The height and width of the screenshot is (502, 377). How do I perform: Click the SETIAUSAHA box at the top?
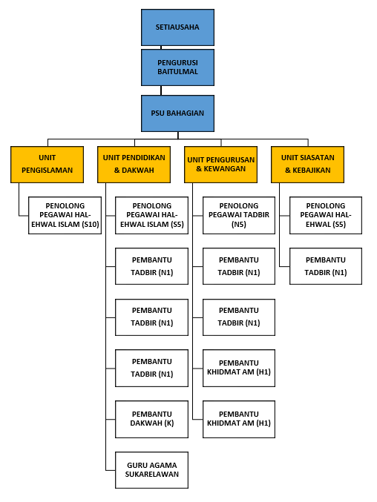coord(177,27)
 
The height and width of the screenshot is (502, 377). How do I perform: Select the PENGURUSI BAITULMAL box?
coord(177,67)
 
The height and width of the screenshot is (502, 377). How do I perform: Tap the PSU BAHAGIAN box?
coord(177,113)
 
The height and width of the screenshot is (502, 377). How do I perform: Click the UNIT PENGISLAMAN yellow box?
coord(47,165)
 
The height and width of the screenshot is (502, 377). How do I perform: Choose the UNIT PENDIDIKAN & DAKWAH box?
coord(134,165)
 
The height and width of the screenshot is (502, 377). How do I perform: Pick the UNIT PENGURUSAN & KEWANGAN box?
coord(220,165)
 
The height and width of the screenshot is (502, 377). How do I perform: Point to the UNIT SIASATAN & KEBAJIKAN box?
coord(307,165)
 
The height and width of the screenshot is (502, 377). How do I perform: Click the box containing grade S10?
coord(65,215)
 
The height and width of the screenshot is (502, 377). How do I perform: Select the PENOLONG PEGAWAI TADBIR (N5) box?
coord(239,215)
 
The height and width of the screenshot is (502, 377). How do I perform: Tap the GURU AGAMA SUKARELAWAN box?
coord(152,470)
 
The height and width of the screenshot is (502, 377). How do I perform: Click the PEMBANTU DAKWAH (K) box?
coord(152,419)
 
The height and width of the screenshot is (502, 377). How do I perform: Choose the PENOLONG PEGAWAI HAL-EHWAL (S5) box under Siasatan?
coord(326,215)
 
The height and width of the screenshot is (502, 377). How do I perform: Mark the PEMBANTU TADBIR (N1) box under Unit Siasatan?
coord(326,266)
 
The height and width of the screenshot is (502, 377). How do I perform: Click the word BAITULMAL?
coord(177,72)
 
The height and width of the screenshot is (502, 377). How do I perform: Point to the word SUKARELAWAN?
coord(152,474)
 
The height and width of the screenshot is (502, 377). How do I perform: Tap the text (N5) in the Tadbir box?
coord(239,225)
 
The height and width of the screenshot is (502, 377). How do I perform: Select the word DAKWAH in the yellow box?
coord(138,171)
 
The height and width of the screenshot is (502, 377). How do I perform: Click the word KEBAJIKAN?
coord(312,171)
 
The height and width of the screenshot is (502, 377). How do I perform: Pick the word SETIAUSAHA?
coord(177,27)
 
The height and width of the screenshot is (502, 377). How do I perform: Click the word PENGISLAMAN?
coord(47,171)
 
